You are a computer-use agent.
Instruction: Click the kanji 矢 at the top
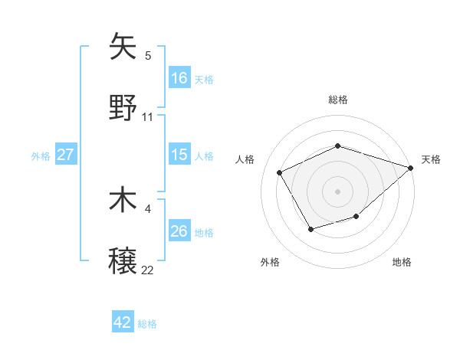click(x=123, y=47)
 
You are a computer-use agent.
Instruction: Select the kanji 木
click(x=123, y=200)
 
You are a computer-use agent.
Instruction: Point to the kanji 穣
click(x=123, y=261)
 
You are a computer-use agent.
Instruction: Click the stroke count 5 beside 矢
click(x=148, y=55)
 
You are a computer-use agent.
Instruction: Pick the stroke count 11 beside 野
click(x=148, y=116)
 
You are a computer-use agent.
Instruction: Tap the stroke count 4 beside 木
click(x=148, y=208)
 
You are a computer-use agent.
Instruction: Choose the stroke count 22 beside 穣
click(x=148, y=270)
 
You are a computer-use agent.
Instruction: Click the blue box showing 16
click(x=179, y=78)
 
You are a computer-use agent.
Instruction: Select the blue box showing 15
click(x=179, y=155)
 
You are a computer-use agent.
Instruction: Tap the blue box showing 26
click(x=179, y=231)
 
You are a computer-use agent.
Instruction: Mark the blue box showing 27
click(x=65, y=155)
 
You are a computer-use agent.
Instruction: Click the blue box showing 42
click(x=123, y=322)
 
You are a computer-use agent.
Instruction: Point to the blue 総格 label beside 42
click(x=147, y=324)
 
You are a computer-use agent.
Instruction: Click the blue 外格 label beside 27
click(x=41, y=155)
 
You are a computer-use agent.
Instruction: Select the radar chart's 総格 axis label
click(x=337, y=100)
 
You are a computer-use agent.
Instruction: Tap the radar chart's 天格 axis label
click(x=431, y=159)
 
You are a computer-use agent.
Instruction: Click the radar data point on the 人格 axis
click(x=280, y=172)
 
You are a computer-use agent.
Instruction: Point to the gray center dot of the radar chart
click(x=337, y=191)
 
